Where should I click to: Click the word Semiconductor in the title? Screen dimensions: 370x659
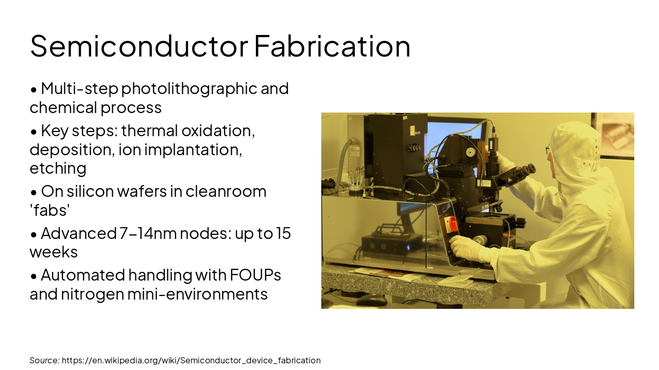[x=139, y=46]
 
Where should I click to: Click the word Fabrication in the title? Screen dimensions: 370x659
[x=332, y=46]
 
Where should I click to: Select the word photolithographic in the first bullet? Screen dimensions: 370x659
[x=189, y=88]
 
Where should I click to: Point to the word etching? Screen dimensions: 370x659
[x=58, y=168]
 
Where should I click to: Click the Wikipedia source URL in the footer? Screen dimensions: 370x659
[x=191, y=360]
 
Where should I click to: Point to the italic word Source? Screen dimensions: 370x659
[x=44, y=360]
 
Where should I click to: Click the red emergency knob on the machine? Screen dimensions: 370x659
[x=451, y=224]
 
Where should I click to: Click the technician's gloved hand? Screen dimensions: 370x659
[x=466, y=248]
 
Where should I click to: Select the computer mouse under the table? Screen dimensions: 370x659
[x=371, y=300]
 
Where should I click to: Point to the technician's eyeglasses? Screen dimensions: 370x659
[x=548, y=150]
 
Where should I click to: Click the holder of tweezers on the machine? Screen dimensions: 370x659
[x=355, y=180]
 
